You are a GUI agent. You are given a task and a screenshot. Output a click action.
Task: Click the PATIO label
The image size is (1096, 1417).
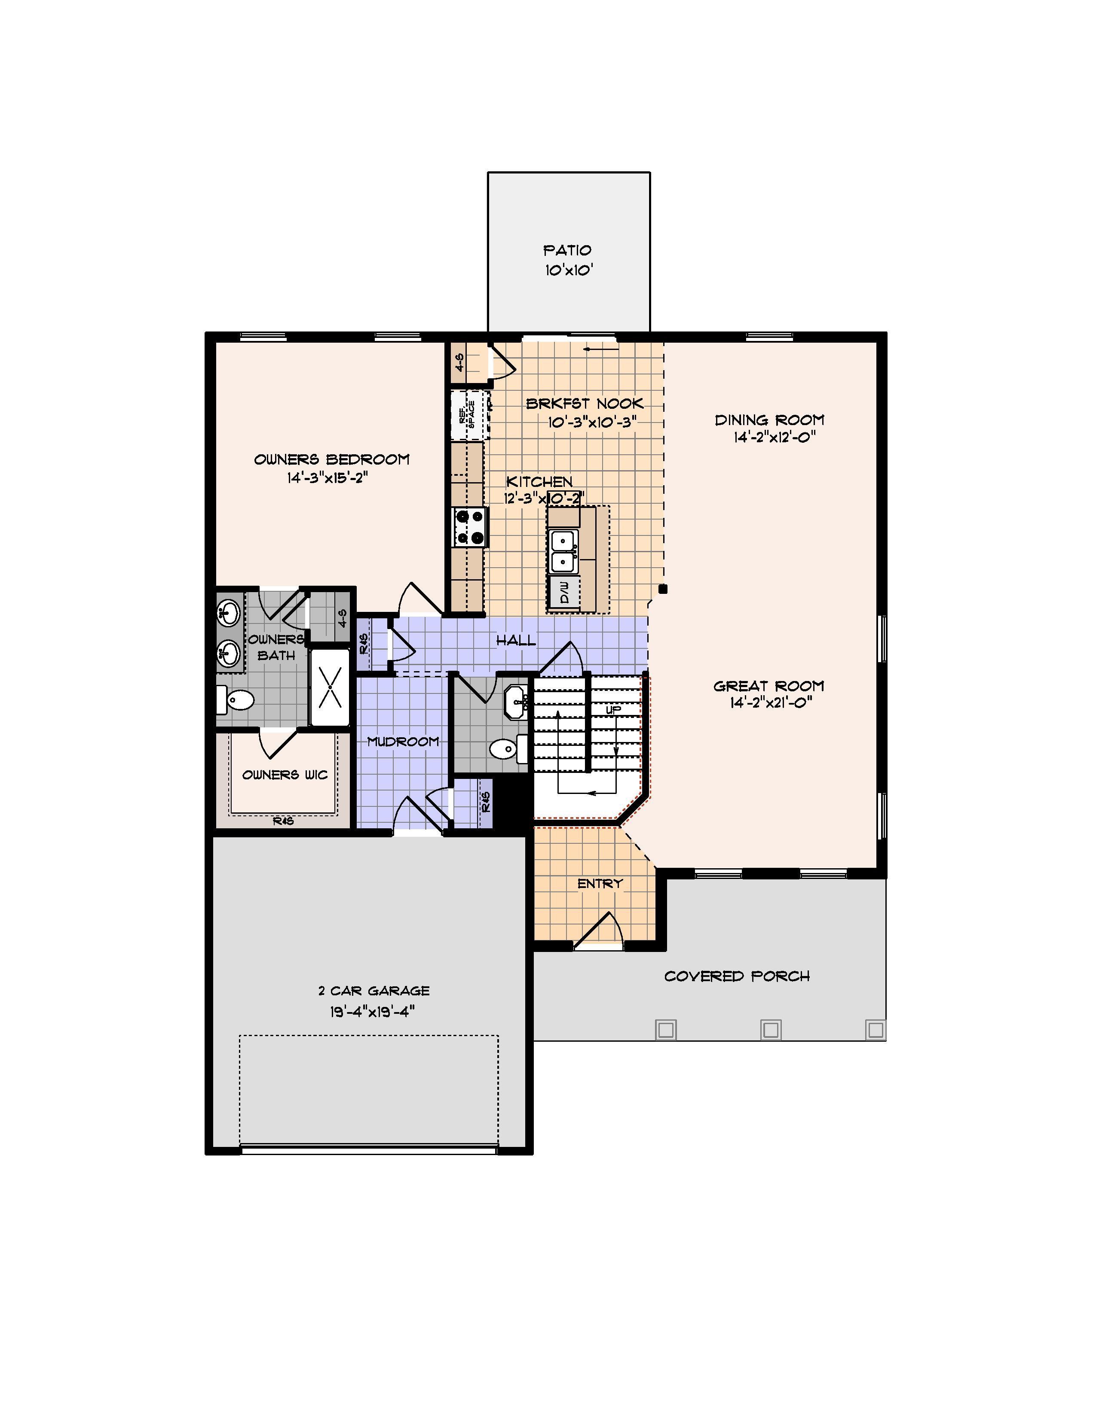coord(567,250)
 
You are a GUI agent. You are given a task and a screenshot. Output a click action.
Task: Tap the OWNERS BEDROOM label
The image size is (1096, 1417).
coord(332,459)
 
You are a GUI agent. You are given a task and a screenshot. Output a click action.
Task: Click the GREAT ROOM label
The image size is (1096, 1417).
coord(769,686)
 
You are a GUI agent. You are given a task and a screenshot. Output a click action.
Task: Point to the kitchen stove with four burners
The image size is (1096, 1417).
coord(470,527)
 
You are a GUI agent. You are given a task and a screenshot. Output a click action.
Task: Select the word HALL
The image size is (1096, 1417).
coord(516,640)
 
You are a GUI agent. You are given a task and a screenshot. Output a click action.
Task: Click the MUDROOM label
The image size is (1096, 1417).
coord(403,741)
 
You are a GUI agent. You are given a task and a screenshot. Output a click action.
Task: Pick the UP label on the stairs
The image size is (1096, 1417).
coord(614,710)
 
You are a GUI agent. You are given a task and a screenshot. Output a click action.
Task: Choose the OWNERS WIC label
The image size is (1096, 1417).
coord(285,775)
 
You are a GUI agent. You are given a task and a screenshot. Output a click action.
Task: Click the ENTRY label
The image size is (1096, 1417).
coord(600,883)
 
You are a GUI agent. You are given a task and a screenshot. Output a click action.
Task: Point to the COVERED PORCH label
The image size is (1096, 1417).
coord(737,976)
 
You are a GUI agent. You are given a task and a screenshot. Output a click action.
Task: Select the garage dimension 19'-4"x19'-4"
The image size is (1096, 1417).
coord(373,1012)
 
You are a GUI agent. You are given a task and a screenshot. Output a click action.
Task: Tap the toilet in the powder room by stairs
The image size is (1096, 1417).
coord(508,749)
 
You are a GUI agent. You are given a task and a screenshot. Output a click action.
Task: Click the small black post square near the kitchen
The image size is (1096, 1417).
coord(663,589)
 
